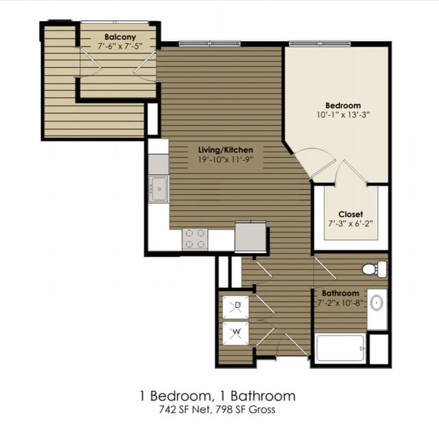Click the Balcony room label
click(x=120, y=37)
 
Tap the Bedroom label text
click(x=342, y=105)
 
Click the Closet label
click(x=351, y=214)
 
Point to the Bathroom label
click(x=340, y=293)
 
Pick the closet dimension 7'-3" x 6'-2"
click(x=351, y=224)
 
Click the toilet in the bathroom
click(x=374, y=269)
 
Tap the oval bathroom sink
click(x=376, y=302)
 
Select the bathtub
click(x=340, y=348)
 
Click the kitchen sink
click(x=159, y=188)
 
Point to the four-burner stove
click(x=195, y=239)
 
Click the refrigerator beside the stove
click(x=250, y=237)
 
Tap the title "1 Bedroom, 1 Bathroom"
click(x=218, y=396)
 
